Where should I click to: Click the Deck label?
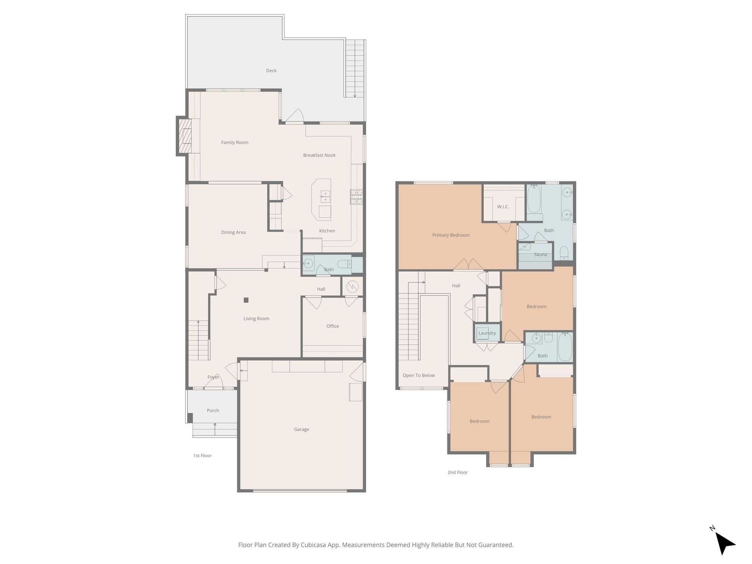pyautogui.click(x=271, y=70)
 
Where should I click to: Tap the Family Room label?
pyautogui.click(x=235, y=143)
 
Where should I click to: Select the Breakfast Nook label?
pyautogui.click(x=319, y=155)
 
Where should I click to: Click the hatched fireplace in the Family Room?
pyautogui.click(x=185, y=136)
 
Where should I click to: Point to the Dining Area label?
pyautogui.click(x=233, y=232)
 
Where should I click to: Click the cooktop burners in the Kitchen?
pyautogui.click(x=356, y=197)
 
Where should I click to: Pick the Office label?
pyautogui.click(x=333, y=326)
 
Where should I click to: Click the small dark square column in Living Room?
pyautogui.click(x=246, y=300)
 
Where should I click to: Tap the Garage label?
pyautogui.click(x=301, y=429)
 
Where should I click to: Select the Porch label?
pyautogui.click(x=213, y=410)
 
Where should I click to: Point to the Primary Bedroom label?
pyautogui.click(x=451, y=235)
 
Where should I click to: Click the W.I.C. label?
pyautogui.click(x=503, y=207)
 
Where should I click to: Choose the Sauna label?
pyautogui.click(x=540, y=255)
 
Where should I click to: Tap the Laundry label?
pyautogui.click(x=487, y=333)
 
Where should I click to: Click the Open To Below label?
pyautogui.click(x=419, y=375)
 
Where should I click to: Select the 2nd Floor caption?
pyautogui.click(x=457, y=472)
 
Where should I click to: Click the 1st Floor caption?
pyautogui.click(x=202, y=456)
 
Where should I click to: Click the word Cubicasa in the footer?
pyautogui.click(x=315, y=545)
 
